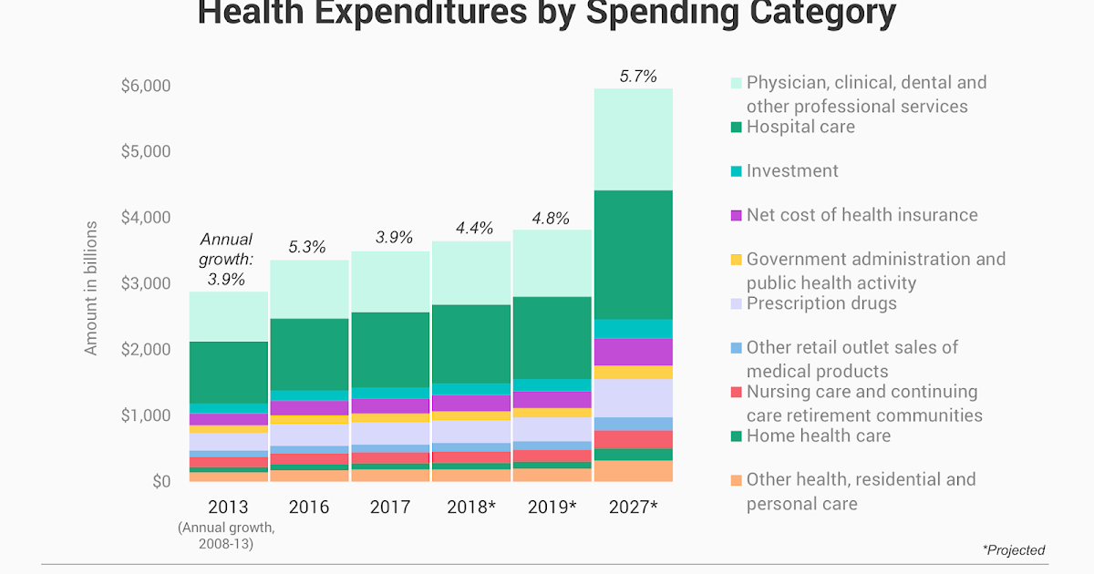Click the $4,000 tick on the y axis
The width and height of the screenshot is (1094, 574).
(x=146, y=217)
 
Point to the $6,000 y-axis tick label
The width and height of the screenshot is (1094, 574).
(x=146, y=86)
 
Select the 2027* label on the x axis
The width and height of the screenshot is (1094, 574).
(x=633, y=507)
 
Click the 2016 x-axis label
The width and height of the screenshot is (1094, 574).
(x=309, y=507)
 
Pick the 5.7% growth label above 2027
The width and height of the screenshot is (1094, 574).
(x=638, y=77)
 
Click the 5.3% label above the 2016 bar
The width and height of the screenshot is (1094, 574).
(x=308, y=247)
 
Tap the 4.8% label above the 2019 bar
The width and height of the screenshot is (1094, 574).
(x=551, y=219)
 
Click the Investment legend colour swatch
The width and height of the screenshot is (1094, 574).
(x=735, y=171)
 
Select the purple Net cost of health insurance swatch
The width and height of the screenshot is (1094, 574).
(x=735, y=216)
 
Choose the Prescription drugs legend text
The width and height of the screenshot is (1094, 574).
(x=821, y=303)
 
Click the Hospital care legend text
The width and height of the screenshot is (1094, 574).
(x=800, y=127)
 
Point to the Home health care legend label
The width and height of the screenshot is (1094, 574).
(x=818, y=436)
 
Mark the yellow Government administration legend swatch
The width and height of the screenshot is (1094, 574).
(x=735, y=261)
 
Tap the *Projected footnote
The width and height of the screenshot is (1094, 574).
(x=1014, y=550)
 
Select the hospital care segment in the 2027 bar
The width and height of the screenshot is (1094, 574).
(x=633, y=255)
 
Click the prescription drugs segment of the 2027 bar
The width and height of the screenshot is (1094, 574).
(x=633, y=398)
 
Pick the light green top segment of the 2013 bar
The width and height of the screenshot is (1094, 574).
(x=229, y=316)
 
